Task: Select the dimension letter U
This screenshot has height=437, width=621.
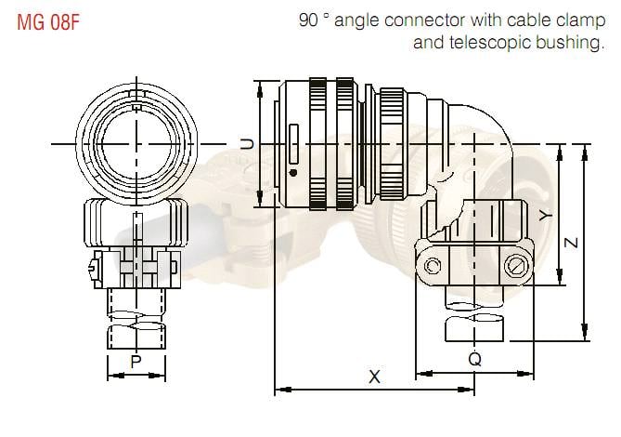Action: coord(247,143)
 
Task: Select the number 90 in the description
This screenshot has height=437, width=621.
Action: coord(309,20)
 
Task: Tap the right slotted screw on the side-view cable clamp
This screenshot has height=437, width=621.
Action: coord(516,269)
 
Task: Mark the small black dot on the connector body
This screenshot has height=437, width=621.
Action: coord(293,173)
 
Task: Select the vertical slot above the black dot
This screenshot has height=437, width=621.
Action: coord(293,143)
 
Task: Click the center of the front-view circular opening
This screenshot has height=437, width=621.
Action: coord(136,143)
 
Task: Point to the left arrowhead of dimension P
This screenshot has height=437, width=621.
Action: coord(111,376)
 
